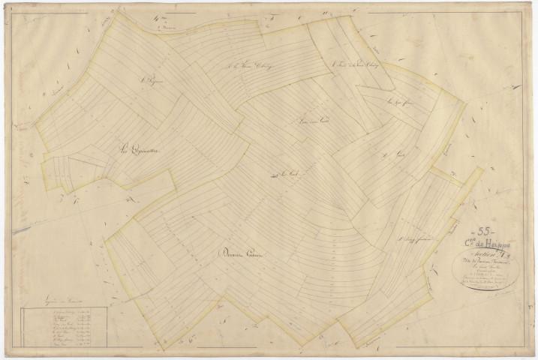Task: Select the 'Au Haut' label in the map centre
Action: (x=281, y=175)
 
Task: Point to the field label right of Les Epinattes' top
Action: (x=152, y=77)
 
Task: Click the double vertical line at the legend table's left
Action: (x=26, y=330)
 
